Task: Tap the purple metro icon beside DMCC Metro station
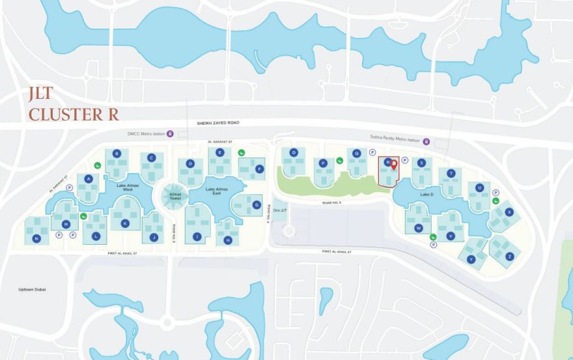pyautogui.click(x=170, y=135)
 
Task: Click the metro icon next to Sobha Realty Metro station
pyautogui.click(x=425, y=140)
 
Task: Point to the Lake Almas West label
pyautogui.click(x=129, y=187)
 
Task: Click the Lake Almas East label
pyautogui.click(x=214, y=190)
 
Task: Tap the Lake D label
pyautogui.click(x=426, y=195)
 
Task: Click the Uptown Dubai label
pyautogui.click(x=33, y=289)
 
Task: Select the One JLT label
pyautogui.click(x=280, y=210)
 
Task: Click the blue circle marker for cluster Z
pyautogui.click(x=510, y=256)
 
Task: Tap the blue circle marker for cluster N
pyautogui.click(x=37, y=239)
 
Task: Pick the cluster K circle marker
pyautogui.click(x=125, y=223)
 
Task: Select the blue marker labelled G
pyautogui.click(x=256, y=204)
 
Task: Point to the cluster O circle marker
pyautogui.click(x=294, y=152)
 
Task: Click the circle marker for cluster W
pyautogui.click(x=419, y=228)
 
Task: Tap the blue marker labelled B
pyautogui.click(x=117, y=154)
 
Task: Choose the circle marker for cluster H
pyautogui.click(x=228, y=240)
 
